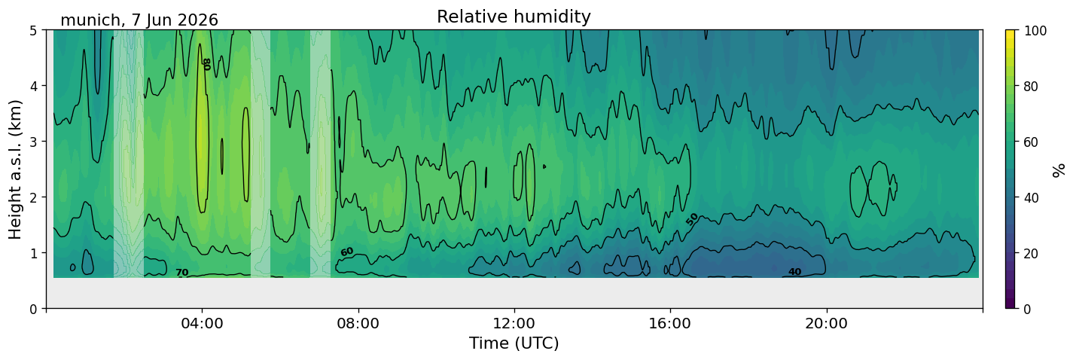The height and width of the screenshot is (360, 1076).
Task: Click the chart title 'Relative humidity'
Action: click(514, 17)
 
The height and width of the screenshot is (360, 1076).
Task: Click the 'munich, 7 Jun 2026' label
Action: click(139, 20)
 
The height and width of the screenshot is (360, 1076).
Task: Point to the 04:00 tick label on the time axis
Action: click(203, 323)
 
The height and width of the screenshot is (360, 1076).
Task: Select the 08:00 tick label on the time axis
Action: click(358, 323)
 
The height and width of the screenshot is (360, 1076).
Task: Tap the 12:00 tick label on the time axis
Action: click(514, 323)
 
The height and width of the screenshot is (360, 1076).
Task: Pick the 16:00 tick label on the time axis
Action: click(671, 323)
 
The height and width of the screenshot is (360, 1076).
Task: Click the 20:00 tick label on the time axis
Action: click(827, 323)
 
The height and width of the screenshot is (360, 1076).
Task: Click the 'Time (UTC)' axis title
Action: click(514, 343)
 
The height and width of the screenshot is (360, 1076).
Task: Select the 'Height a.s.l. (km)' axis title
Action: click(15, 169)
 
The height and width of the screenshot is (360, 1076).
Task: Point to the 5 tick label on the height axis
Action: click(34, 31)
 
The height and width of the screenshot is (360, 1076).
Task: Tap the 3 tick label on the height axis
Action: click(34, 142)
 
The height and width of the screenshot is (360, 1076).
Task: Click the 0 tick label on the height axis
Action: click(34, 309)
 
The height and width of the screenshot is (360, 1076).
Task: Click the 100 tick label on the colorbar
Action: click(1035, 31)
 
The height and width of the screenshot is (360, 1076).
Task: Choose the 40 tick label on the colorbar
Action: click(1031, 197)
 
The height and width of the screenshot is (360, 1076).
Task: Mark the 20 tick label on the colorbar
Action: click(1031, 253)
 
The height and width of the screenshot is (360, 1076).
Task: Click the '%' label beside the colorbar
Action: click(1058, 170)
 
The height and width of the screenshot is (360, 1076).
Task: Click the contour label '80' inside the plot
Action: click(206, 65)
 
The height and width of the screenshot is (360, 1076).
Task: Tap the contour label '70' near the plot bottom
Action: click(181, 273)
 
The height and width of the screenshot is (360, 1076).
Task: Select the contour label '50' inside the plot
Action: click(692, 219)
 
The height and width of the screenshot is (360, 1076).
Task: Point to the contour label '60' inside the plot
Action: click(347, 252)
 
